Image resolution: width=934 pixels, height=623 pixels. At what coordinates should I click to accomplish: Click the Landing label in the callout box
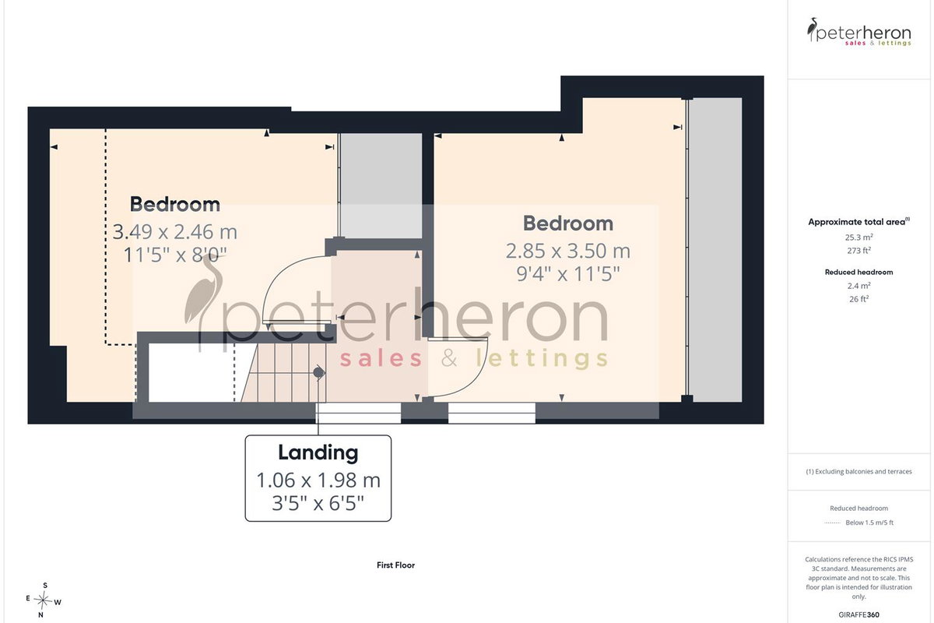click(318, 452)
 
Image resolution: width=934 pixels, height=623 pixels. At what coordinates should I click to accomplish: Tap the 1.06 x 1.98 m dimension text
click(318, 480)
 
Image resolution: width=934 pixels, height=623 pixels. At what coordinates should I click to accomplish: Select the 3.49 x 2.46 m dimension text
click(175, 232)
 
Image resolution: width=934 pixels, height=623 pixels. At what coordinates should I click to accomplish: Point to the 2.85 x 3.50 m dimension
click(568, 251)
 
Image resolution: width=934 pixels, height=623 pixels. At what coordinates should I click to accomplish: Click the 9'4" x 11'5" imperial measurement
click(568, 274)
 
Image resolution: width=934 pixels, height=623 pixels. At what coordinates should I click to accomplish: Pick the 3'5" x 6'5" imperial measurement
click(318, 503)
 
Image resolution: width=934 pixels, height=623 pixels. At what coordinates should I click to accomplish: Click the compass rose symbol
click(43, 600)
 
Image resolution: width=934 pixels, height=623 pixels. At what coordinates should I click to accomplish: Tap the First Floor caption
click(395, 565)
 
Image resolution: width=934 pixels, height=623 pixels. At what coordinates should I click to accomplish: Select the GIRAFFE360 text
click(859, 614)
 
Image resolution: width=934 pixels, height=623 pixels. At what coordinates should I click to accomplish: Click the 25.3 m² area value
click(859, 237)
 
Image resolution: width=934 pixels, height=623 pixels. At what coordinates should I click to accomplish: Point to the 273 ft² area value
click(859, 251)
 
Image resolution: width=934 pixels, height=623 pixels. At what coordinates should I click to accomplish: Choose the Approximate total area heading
click(859, 222)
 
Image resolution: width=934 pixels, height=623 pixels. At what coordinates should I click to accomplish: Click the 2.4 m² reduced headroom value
click(859, 286)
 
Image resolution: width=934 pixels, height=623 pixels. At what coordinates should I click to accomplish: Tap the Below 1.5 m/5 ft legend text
click(869, 523)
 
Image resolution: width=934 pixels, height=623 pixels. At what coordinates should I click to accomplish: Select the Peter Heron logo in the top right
click(859, 32)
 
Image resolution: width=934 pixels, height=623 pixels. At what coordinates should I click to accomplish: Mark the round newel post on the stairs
click(319, 372)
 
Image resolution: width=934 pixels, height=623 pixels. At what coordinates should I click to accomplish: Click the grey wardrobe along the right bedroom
click(715, 249)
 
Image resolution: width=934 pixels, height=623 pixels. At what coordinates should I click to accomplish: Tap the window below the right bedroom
click(492, 413)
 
